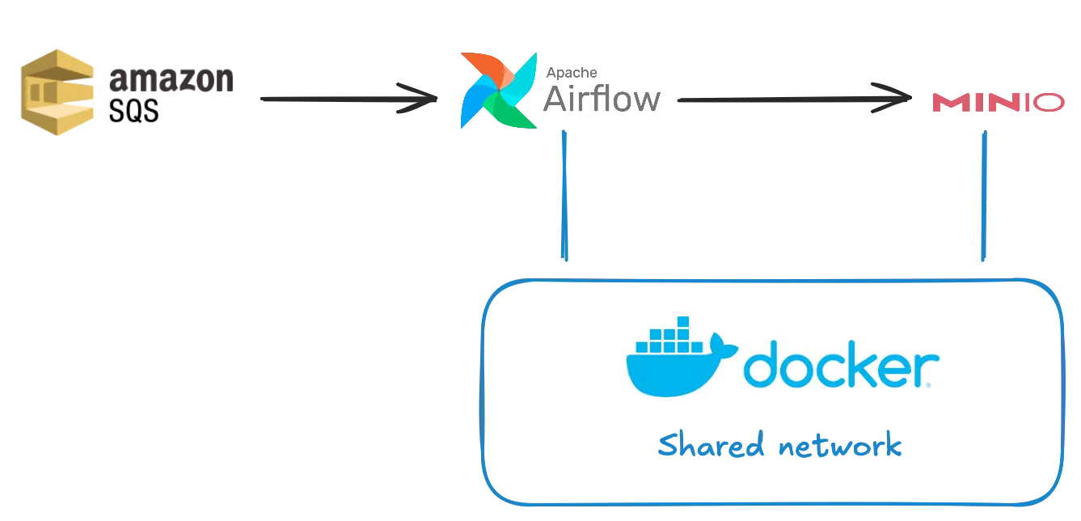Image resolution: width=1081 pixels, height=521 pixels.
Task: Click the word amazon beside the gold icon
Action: pyautogui.click(x=170, y=81)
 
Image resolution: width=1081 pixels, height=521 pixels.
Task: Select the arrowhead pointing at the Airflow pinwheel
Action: pyautogui.click(x=416, y=97)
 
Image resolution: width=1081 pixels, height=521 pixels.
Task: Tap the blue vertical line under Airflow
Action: pyautogui.click(x=564, y=198)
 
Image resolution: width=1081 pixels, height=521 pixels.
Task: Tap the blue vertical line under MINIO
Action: pyautogui.click(x=983, y=198)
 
